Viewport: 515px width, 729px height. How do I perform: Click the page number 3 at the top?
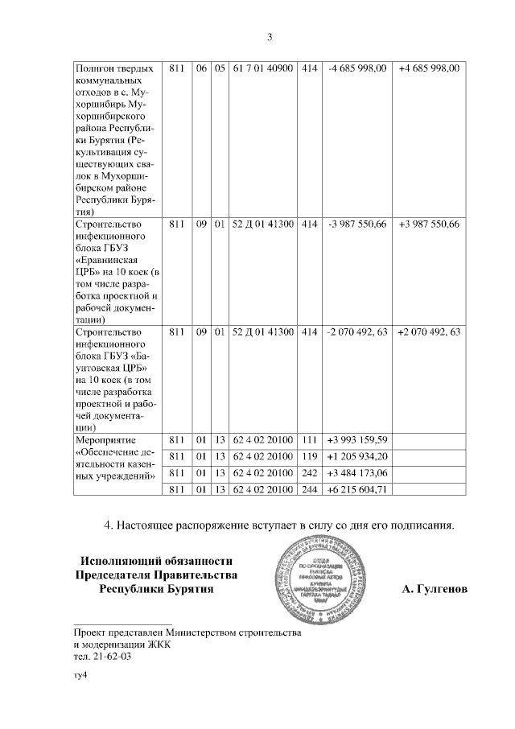(x=270, y=36)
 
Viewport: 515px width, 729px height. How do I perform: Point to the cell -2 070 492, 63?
(x=358, y=332)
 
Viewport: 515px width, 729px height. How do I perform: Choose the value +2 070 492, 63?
(x=429, y=332)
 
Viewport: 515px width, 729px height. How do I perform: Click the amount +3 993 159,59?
(x=358, y=440)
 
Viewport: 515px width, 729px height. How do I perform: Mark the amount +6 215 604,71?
(x=358, y=489)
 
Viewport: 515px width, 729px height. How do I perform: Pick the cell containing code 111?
(x=309, y=440)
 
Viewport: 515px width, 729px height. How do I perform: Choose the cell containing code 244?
(x=309, y=489)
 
